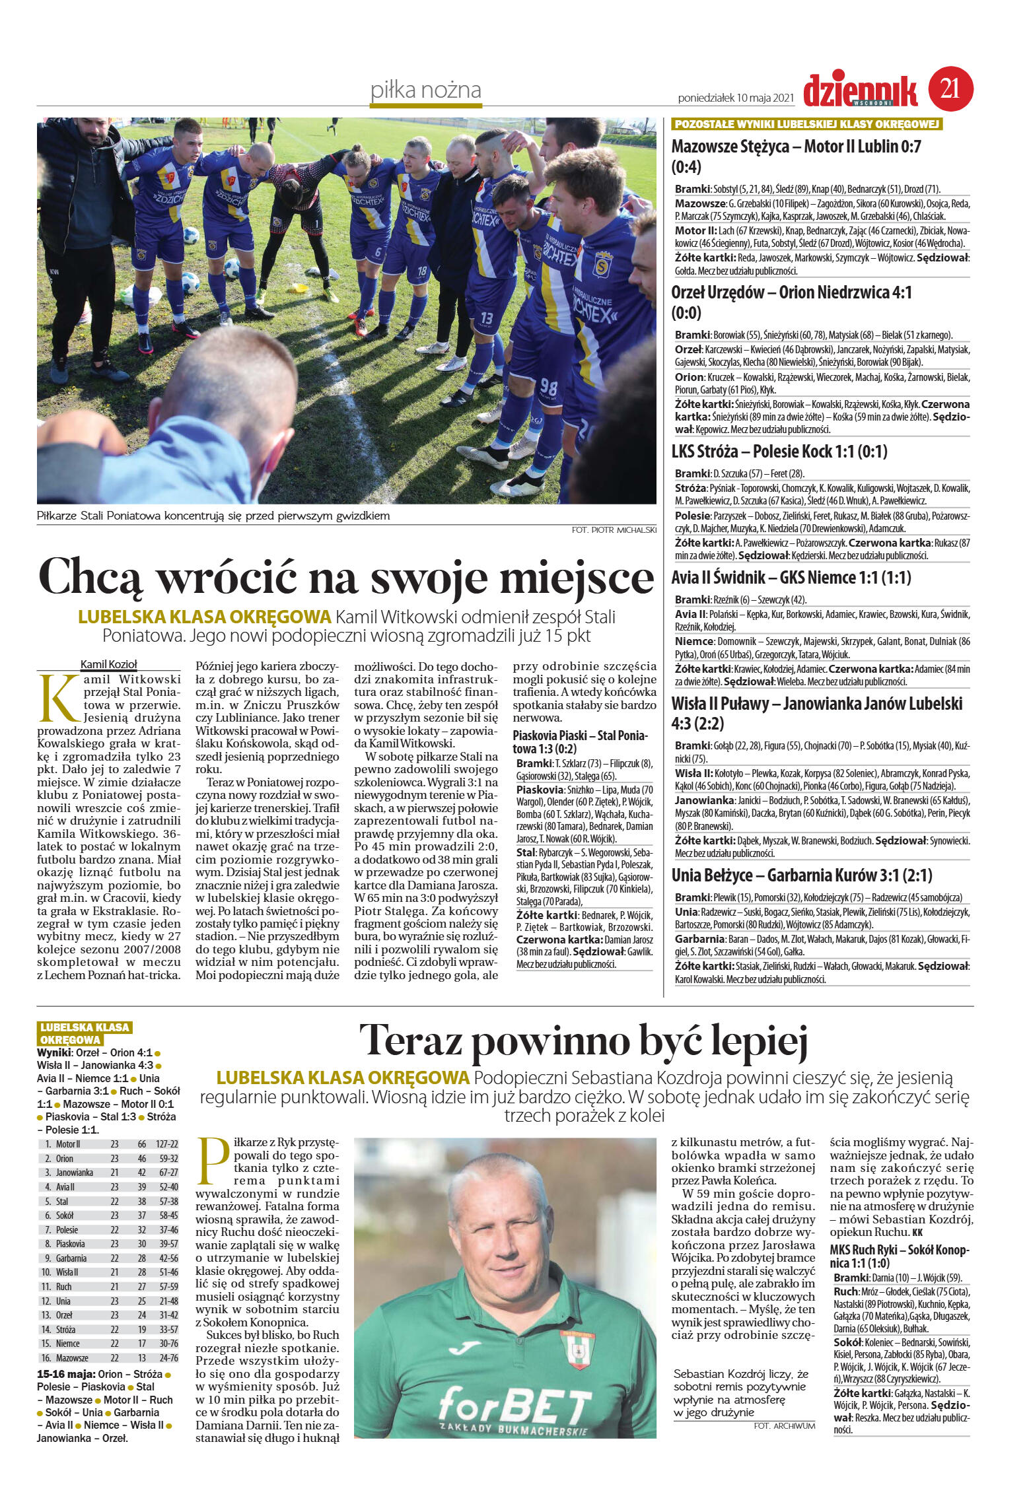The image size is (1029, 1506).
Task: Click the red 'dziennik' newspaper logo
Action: click(x=861, y=90)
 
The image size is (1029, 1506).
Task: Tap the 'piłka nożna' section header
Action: click(x=425, y=90)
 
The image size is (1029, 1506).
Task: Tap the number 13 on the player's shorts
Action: click(x=487, y=316)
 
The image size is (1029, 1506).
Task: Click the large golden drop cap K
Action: click(x=55, y=697)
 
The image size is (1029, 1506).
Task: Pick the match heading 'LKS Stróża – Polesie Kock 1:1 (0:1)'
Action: click(x=779, y=452)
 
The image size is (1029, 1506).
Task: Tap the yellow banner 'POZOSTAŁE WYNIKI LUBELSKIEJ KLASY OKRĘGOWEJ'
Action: click(x=806, y=125)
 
